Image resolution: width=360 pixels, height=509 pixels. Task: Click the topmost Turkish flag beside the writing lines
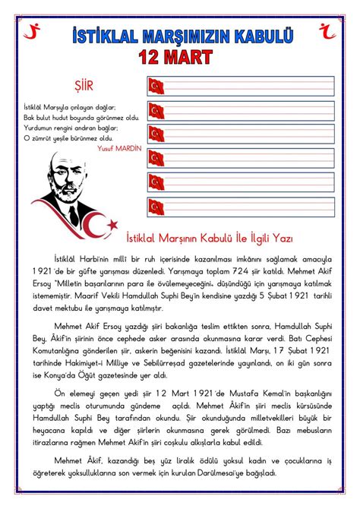click(x=156, y=86)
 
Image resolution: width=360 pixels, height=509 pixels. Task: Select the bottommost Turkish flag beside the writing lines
click(x=156, y=207)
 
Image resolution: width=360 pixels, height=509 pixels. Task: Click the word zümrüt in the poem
click(x=42, y=139)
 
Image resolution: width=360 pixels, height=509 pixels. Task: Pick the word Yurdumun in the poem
click(x=36, y=128)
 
